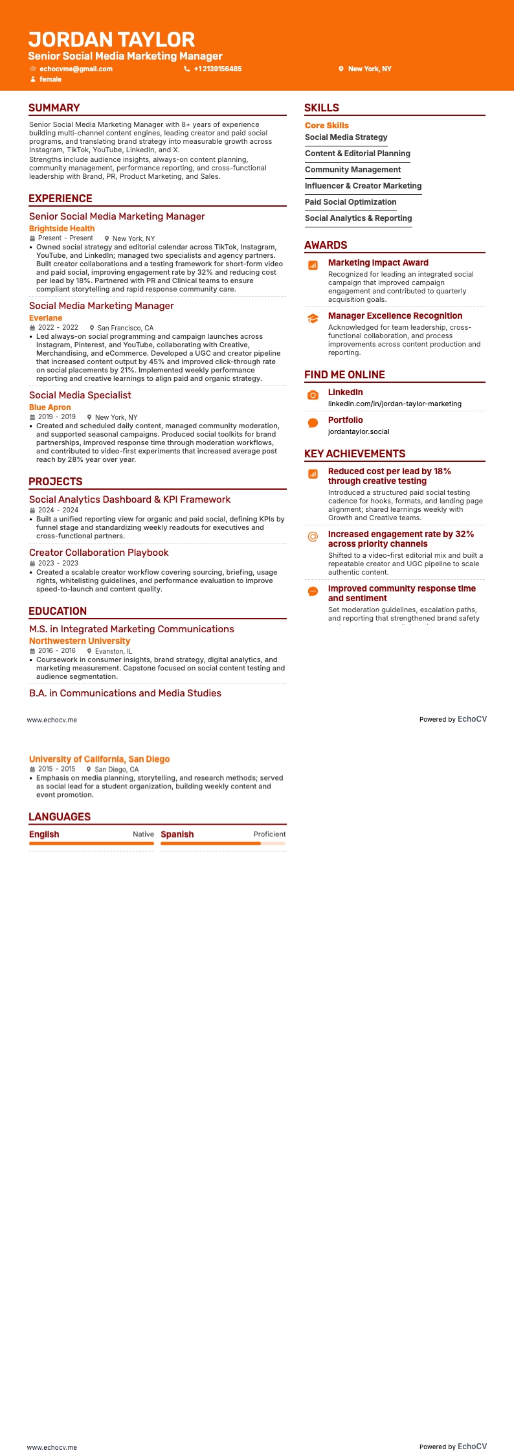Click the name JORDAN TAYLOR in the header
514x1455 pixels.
(x=111, y=40)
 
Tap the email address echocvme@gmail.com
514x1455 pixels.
(x=76, y=69)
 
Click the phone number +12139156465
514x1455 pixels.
(x=218, y=69)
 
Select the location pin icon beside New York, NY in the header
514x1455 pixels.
(x=341, y=69)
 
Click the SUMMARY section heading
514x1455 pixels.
(x=54, y=108)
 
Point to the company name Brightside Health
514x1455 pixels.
(x=61, y=228)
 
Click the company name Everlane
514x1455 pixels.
(x=45, y=317)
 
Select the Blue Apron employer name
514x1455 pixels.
(x=50, y=407)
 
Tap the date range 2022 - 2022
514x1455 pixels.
(x=58, y=328)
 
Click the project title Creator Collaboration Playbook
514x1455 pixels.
(x=98, y=553)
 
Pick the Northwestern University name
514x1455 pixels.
(x=80, y=641)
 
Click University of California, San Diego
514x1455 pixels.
(x=99, y=759)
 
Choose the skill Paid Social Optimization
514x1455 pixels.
(x=350, y=201)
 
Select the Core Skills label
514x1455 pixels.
(x=326, y=125)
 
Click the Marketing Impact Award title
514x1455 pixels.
(x=378, y=262)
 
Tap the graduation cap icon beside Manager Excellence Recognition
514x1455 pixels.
(x=313, y=318)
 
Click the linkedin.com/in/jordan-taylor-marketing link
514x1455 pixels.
(x=394, y=404)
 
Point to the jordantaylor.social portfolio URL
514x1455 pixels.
(x=359, y=431)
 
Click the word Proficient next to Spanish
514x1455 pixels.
(x=269, y=834)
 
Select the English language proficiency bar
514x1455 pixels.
(x=91, y=843)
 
